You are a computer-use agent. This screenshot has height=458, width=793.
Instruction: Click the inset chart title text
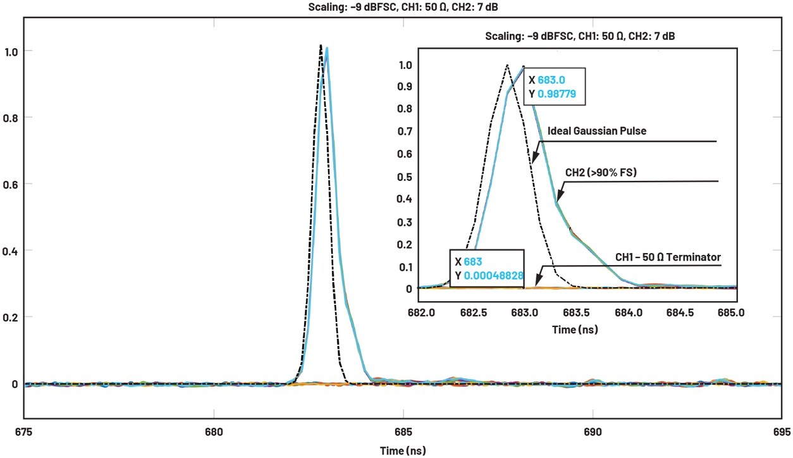tap(580, 37)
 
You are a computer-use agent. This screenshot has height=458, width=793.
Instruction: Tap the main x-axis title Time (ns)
tap(402, 450)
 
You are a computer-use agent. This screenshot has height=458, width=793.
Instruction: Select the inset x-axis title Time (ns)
tap(575, 330)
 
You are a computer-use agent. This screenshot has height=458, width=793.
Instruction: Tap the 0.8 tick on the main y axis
tap(11, 117)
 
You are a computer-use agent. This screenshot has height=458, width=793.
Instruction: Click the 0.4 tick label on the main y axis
tap(11, 251)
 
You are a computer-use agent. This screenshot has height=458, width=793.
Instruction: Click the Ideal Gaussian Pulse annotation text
tap(595, 131)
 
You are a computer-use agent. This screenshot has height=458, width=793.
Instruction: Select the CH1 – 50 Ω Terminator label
tap(668, 257)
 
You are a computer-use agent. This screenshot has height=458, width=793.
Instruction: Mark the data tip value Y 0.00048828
tap(494, 276)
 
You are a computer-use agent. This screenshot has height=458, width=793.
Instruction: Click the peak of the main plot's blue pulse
tap(326, 47)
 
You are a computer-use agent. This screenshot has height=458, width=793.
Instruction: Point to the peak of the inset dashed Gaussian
tap(506, 65)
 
